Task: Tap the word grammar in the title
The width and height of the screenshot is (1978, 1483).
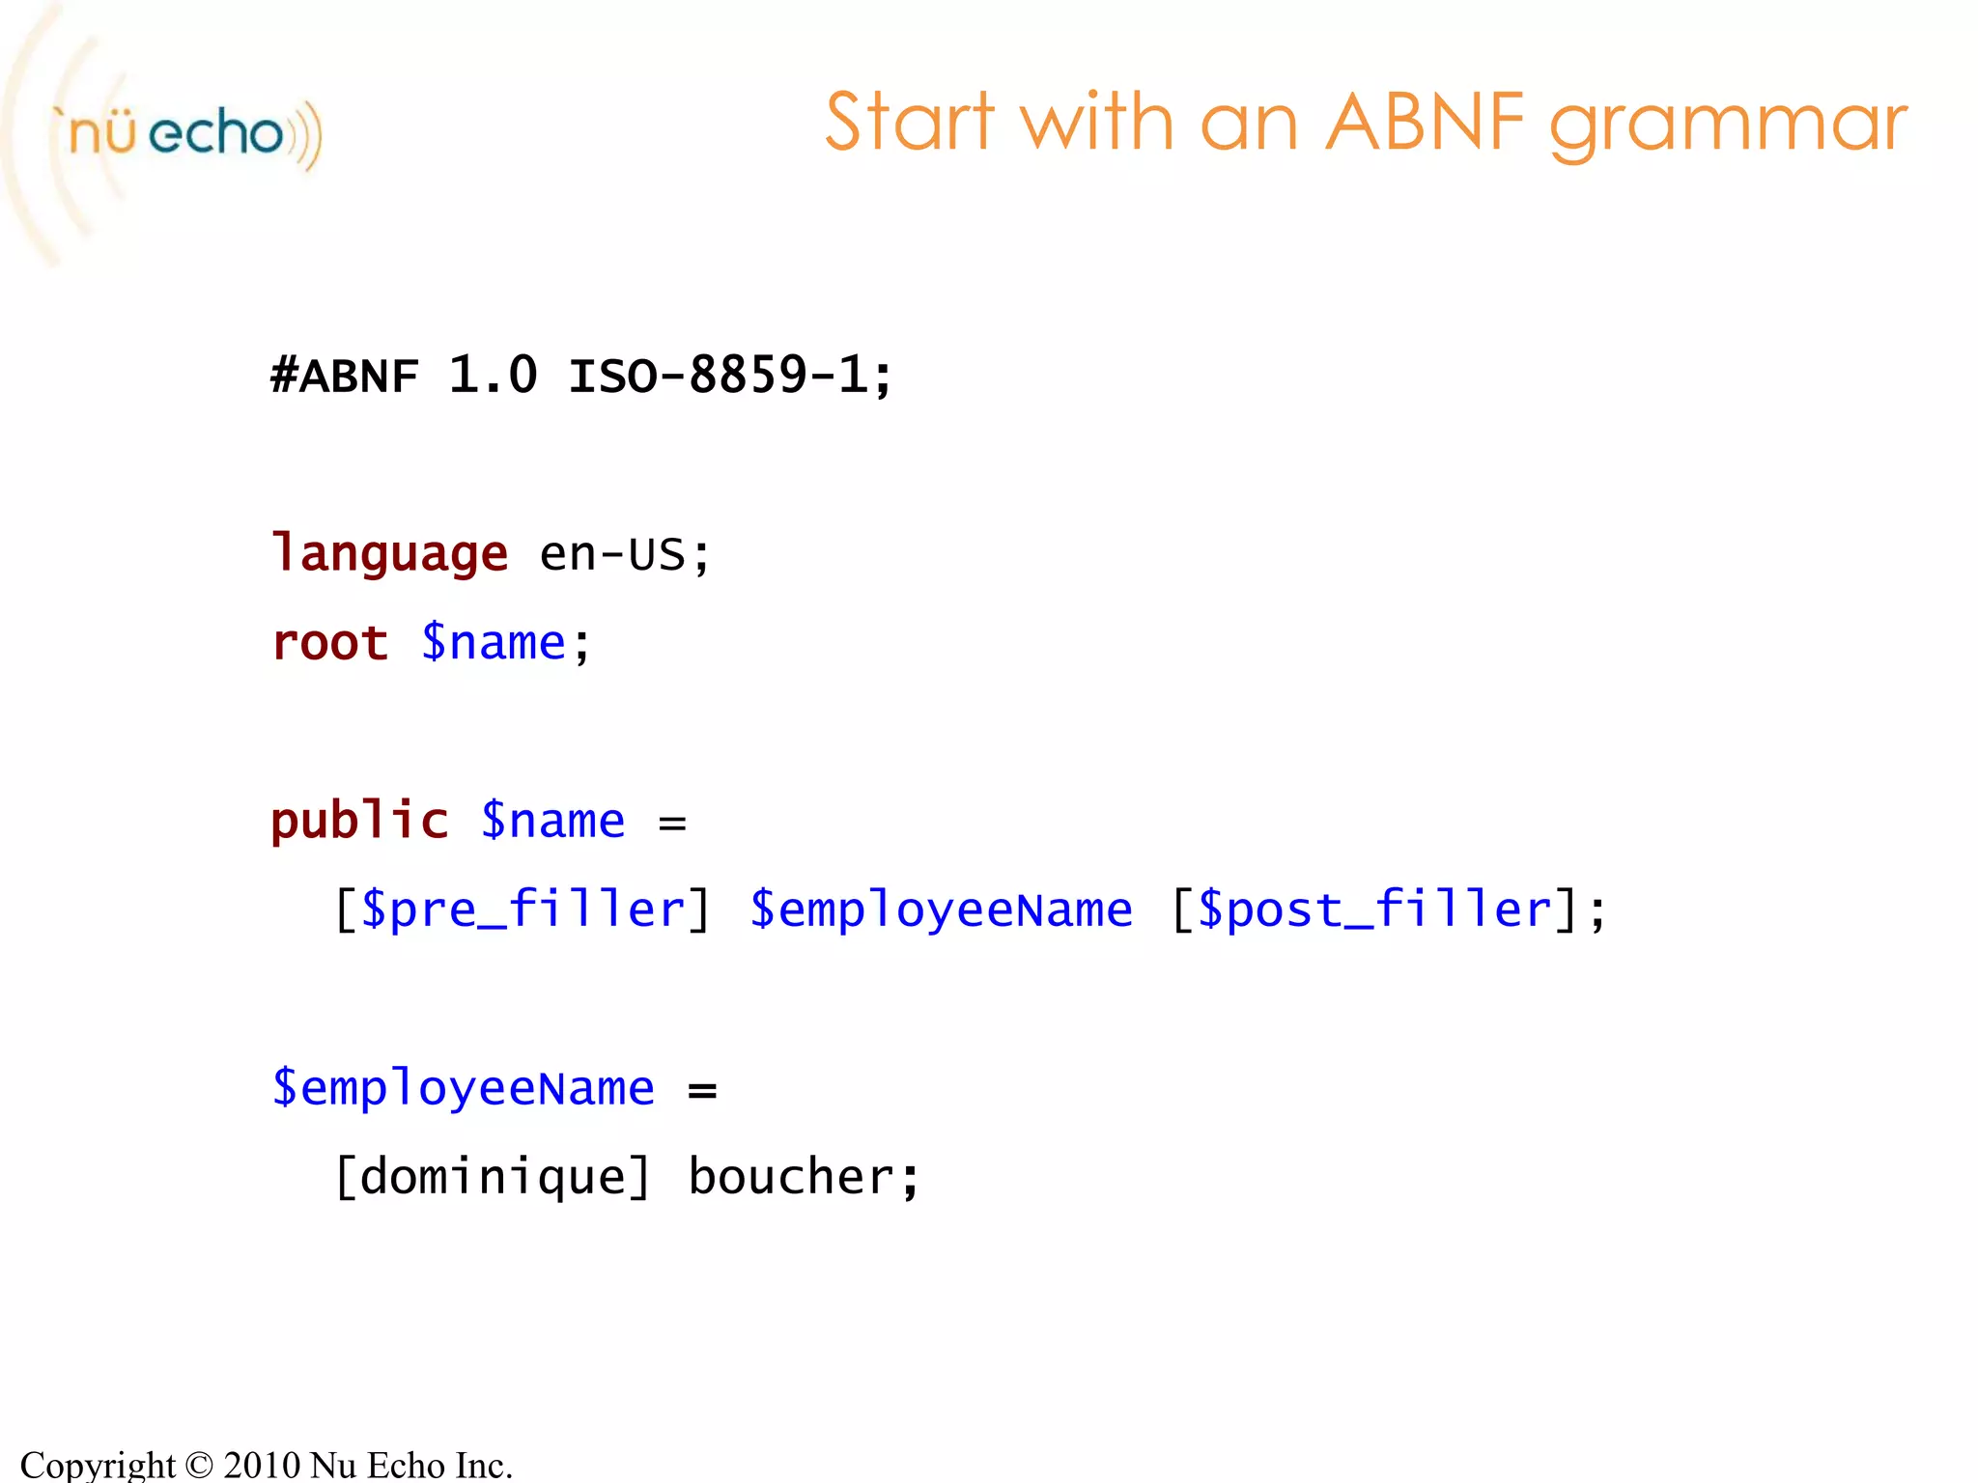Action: (1729, 126)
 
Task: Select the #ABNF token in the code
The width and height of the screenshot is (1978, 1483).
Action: (345, 376)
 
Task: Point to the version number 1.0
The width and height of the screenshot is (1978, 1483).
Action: (493, 375)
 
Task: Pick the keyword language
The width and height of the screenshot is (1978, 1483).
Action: (389, 554)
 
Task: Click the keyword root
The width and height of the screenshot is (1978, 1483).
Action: (330, 643)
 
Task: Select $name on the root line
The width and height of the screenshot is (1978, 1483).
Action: (494, 643)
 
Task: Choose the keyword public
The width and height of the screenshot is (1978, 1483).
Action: (359, 822)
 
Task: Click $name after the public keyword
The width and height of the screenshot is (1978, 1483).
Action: (553, 822)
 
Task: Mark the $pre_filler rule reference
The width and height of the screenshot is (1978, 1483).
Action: (523, 910)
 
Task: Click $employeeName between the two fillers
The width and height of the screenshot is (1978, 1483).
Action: (941, 910)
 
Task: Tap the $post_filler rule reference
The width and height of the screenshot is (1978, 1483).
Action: (1374, 910)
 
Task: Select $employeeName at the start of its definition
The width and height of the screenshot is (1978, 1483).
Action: (464, 1089)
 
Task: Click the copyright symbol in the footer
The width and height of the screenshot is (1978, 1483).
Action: (199, 1465)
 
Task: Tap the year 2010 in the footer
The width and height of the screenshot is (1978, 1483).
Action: (262, 1465)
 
